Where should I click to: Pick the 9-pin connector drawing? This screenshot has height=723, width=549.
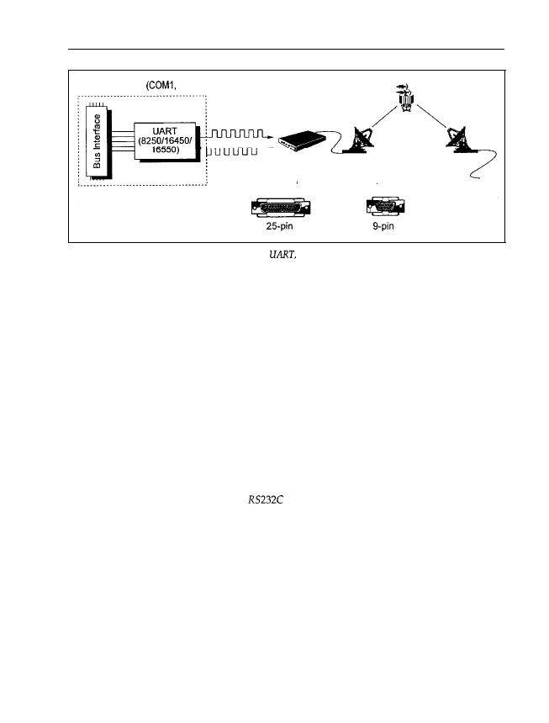[x=383, y=208]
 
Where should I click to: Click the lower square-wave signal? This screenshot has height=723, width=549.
[x=237, y=151]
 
